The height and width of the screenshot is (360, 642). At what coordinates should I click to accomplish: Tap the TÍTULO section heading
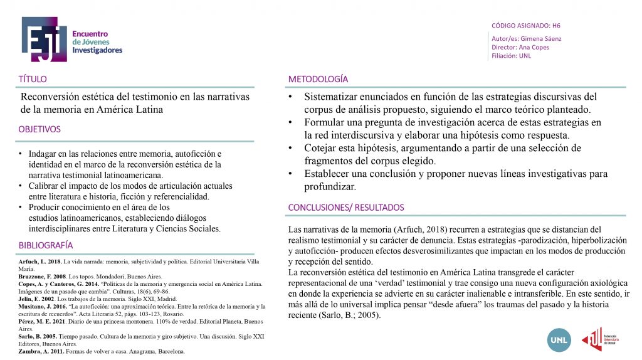point(33,79)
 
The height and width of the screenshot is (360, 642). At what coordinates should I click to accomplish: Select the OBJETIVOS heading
point(39,129)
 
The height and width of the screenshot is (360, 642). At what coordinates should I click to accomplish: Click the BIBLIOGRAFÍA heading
point(46,245)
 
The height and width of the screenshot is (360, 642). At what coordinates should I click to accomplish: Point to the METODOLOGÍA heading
point(318,79)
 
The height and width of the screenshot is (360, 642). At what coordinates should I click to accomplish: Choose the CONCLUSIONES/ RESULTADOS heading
point(346,208)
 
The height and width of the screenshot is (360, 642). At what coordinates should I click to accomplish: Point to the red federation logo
point(592,339)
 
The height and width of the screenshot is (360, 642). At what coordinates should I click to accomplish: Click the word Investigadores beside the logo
point(97,50)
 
